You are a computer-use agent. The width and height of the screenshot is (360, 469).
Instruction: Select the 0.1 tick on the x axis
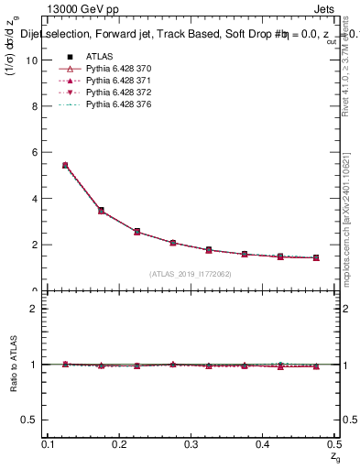coord(49,444)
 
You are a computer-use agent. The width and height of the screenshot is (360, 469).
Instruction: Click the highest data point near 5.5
coord(65,165)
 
